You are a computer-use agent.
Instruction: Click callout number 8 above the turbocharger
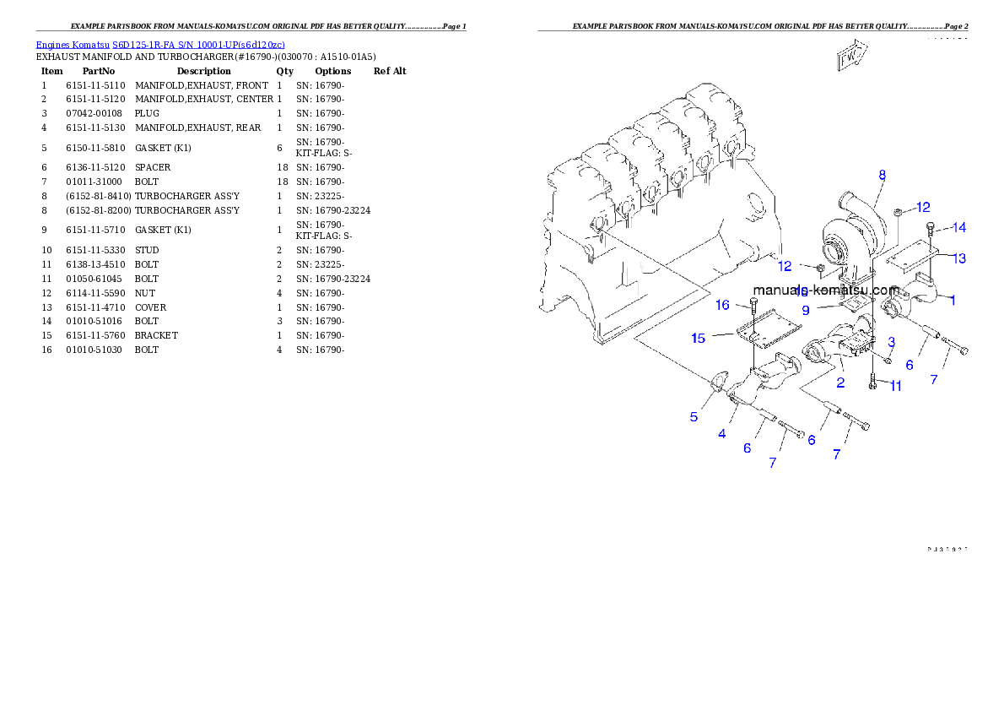point(882,176)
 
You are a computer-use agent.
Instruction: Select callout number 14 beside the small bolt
point(958,227)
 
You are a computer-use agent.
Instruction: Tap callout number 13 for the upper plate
point(959,258)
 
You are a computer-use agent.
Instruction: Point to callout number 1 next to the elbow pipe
point(953,299)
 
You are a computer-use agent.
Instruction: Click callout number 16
point(723,305)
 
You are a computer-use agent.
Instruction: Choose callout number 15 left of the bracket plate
point(699,338)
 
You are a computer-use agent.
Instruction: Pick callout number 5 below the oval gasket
point(694,416)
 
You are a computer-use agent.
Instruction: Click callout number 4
point(721,434)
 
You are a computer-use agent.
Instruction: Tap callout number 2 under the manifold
point(840,383)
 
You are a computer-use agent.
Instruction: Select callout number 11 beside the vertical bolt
point(895,386)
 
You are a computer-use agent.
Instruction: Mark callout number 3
point(891,341)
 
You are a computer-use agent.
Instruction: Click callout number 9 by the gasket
point(806,310)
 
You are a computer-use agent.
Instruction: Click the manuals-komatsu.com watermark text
point(825,290)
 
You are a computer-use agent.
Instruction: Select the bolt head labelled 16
point(753,301)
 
